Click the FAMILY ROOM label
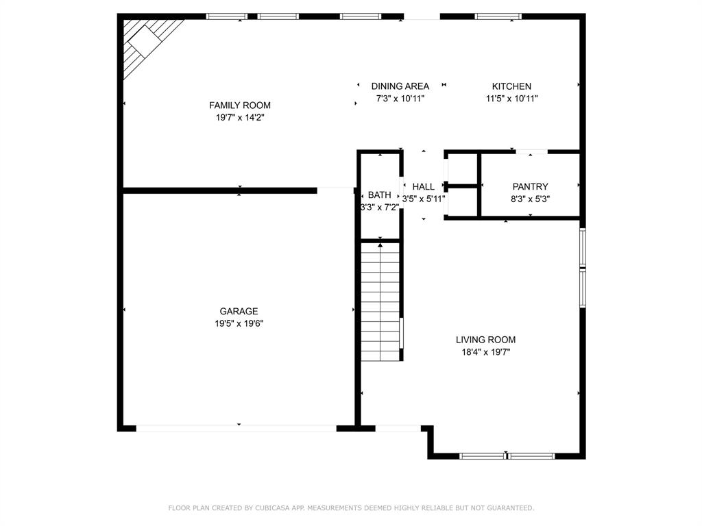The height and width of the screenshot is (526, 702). click(239, 105)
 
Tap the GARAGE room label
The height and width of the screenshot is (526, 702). click(239, 312)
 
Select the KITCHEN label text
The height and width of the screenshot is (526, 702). click(511, 86)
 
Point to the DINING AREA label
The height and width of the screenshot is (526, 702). click(400, 86)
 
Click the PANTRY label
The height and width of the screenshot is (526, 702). click(531, 187)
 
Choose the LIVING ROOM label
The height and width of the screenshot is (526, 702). click(485, 340)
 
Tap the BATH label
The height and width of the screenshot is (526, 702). click(379, 195)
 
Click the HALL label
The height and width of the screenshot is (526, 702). click(424, 187)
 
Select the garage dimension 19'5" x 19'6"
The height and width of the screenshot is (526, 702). click(239, 323)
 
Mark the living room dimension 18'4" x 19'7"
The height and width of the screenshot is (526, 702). click(485, 352)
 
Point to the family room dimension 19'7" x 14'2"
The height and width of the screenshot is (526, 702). click(239, 118)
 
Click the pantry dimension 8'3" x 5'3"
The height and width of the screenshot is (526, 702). click(531, 199)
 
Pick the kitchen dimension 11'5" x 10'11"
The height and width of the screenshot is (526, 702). click(511, 99)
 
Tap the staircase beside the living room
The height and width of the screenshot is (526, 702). click(380, 301)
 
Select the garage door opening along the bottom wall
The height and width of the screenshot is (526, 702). click(237, 428)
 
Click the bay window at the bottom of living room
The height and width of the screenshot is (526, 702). click(507, 455)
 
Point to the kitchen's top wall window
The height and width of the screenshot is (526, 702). click(498, 16)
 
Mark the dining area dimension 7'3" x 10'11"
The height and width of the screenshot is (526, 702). click(400, 99)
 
